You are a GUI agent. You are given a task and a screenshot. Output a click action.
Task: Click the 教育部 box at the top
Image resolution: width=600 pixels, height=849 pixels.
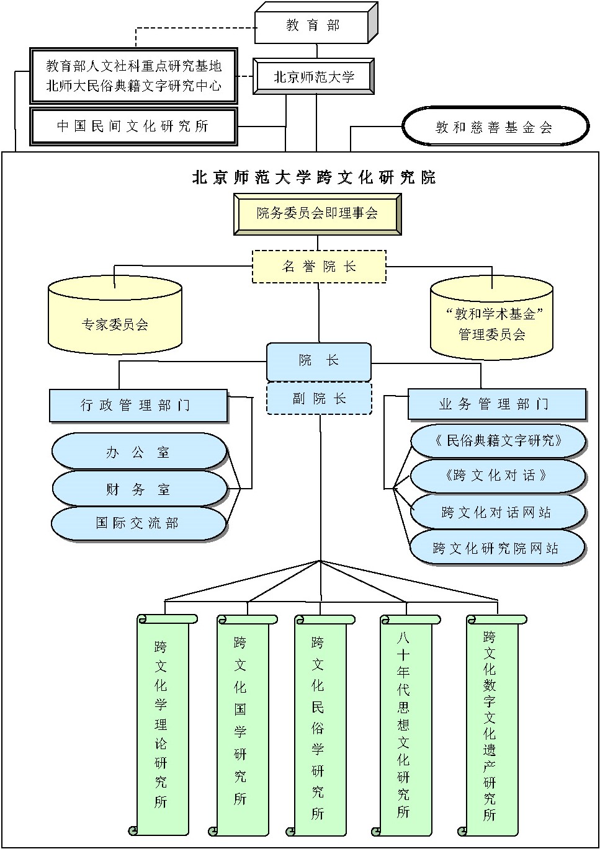313,25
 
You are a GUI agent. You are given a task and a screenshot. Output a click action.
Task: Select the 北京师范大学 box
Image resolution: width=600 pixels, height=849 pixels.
313,77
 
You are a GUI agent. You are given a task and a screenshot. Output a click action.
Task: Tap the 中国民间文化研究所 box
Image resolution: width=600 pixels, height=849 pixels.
133,127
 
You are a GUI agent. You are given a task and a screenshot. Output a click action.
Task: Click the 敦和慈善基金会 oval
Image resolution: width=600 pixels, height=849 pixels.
495,127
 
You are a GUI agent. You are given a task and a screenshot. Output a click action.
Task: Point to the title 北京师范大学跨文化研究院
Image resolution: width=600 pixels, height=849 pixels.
314,177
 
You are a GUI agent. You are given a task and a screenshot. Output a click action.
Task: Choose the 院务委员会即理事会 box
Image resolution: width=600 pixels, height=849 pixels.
317,214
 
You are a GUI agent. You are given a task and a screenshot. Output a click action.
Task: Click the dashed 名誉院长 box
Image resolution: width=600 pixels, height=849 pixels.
319,267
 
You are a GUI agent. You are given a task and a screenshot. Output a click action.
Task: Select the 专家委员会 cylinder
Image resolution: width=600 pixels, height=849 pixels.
115,323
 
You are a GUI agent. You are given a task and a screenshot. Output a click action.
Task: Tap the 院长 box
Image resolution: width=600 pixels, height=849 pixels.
319,361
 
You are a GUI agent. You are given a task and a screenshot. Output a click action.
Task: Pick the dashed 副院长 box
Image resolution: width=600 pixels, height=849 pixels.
319,399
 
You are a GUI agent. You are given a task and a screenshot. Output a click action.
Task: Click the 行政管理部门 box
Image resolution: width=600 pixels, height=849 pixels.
138,406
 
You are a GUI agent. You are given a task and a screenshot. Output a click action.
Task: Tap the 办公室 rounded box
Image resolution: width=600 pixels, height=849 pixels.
138,452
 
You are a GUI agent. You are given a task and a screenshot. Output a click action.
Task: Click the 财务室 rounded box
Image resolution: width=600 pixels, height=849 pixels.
138,489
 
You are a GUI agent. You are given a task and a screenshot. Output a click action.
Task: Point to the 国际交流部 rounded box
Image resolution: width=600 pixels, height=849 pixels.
138,523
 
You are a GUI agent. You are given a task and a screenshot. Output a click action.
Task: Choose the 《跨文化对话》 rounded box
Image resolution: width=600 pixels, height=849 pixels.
497,476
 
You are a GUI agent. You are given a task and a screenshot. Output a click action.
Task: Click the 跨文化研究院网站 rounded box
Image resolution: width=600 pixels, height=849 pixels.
496,548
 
